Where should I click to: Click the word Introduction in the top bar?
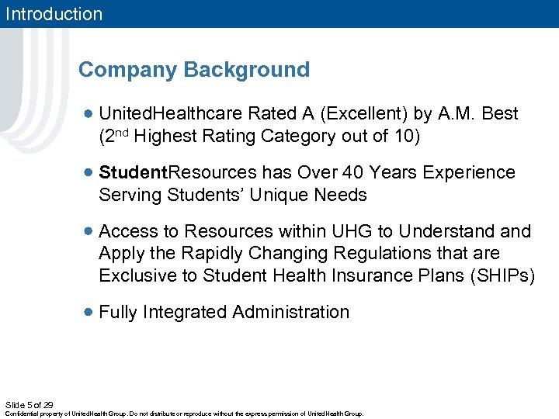click(x=52, y=14)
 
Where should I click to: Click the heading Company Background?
click(x=193, y=70)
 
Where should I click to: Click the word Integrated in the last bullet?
click(x=187, y=312)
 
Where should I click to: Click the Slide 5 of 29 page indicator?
click(x=29, y=404)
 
